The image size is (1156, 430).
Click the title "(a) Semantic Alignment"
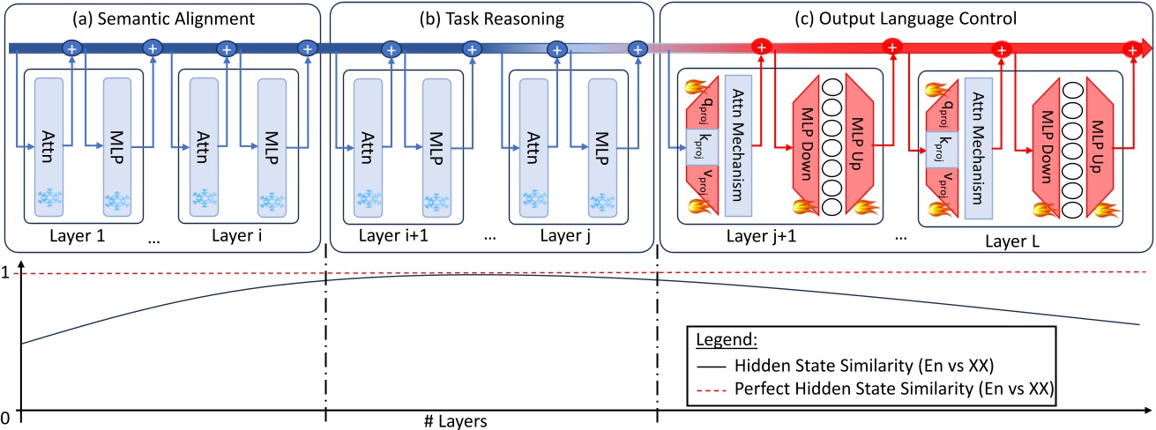point(162,19)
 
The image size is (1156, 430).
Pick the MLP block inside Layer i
point(271,146)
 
